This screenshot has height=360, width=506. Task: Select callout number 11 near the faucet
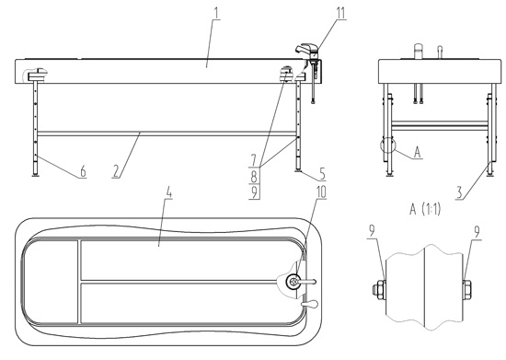tap(316, 13)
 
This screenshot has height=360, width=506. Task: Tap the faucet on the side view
tap(305, 49)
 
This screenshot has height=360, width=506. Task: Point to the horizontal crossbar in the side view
tap(166, 132)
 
